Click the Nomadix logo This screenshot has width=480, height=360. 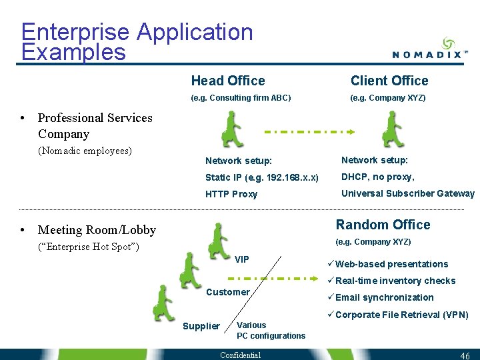pyautogui.click(x=429, y=49)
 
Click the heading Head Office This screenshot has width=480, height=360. pyautogui.click(x=228, y=81)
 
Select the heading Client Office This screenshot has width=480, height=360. pyautogui.click(x=389, y=81)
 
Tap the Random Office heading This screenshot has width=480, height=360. pyautogui.click(x=383, y=225)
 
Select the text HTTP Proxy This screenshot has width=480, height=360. pyautogui.click(x=231, y=195)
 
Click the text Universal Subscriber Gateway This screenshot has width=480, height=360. pyautogui.click(x=408, y=193)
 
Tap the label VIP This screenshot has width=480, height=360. pyautogui.click(x=242, y=259)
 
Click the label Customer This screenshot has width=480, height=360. pyautogui.click(x=228, y=292)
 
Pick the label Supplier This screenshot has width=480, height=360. pyautogui.click(x=201, y=326)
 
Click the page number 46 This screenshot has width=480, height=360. pyautogui.click(x=465, y=356)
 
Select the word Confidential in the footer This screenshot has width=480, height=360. pyautogui.click(x=240, y=355)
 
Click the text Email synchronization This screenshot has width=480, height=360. pyautogui.click(x=384, y=297)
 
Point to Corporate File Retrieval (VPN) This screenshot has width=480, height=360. pyautogui.click(x=401, y=315)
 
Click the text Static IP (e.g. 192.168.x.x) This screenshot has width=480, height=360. pyautogui.click(x=262, y=177)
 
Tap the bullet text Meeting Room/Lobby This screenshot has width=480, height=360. pyautogui.click(x=97, y=230)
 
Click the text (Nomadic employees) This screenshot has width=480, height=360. pyautogui.click(x=85, y=151)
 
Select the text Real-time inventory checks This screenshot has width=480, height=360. pyautogui.click(x=395, y=281)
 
